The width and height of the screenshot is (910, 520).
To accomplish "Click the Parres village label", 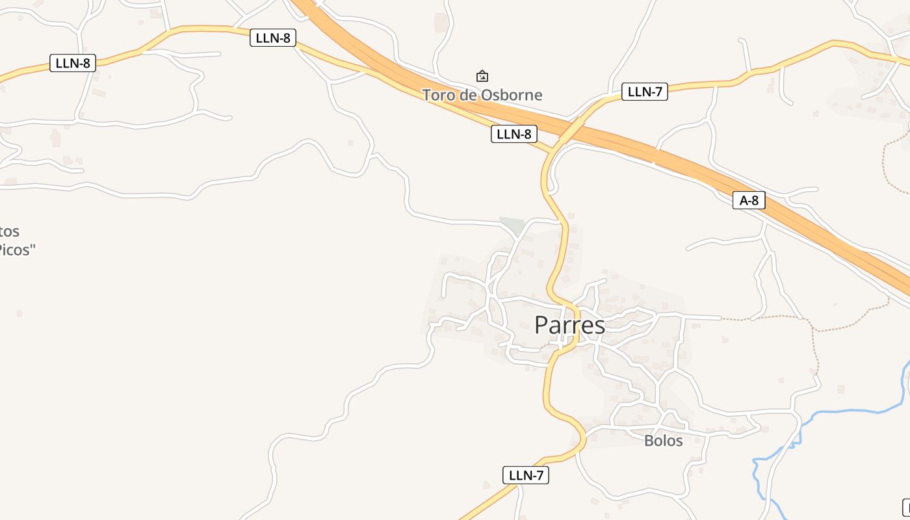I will click(x=569, y=325).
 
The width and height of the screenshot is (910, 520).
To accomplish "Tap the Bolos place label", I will click(x=663, y=441).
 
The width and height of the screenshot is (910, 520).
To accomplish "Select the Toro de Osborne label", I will click(x=482, y=95).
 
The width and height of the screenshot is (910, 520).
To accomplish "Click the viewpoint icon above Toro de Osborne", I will click(x=482, y=76).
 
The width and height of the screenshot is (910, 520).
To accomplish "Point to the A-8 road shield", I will click(x=749, y=200).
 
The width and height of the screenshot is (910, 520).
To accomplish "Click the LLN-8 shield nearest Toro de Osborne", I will click(x=513, y=135).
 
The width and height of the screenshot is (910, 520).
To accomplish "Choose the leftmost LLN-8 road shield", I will click(x=73, y=63).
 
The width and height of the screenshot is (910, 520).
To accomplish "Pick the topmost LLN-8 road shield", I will click(x=273, y=38).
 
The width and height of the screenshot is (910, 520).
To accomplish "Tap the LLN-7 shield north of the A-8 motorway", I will click(x=645, y=92).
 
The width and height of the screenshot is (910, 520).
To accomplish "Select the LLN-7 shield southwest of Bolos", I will click(x=526, y=475).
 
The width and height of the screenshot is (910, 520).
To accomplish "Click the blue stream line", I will click(x=845, y=411).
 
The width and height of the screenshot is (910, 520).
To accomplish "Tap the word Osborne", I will click(x=511, y=95).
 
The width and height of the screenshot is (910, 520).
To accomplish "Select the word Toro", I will click(x=437, y=95).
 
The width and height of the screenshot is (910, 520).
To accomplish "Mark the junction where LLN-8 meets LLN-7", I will click(x=552, y=151).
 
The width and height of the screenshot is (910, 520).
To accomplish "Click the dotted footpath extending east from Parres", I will click(x=767, y=318).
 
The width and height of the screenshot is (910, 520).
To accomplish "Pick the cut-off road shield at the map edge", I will click(x=906, y=506).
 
